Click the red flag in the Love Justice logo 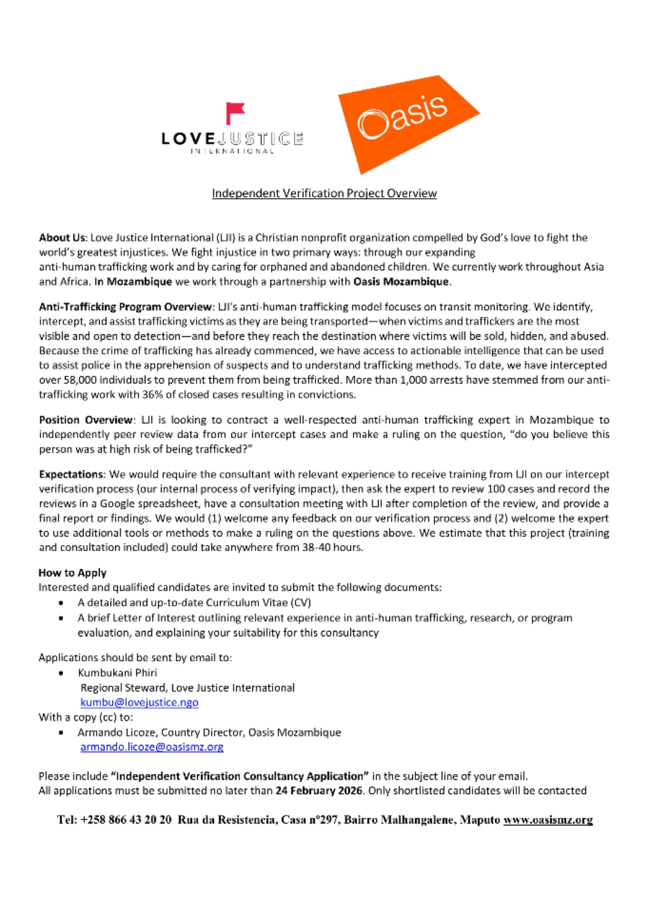click(234, 112)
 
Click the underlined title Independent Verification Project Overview click(324, 193)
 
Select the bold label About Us click(62, 238)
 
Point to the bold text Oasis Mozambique click(401, 282)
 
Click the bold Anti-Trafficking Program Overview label click(126, 307)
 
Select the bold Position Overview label click(86, 420)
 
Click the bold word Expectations click(72, 474)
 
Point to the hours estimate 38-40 click(316, 547)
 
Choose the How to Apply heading click(73, 573)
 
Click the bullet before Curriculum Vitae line click(61, 603)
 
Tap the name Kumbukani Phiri click(117, 673)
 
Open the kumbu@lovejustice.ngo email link click(139, 702)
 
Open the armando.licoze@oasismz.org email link click(152, 747)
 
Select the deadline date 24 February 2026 click(318, 791)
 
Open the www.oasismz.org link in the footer click(547, 820)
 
